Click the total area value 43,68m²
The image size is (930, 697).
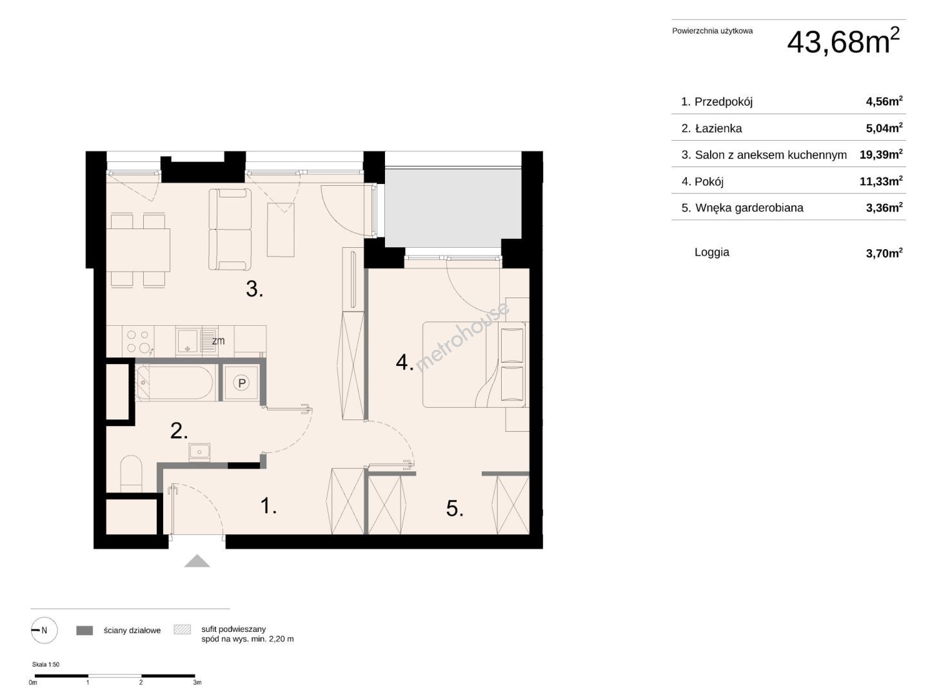(843, 41)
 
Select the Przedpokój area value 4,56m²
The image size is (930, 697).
(884, 101)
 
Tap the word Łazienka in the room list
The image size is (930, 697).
(718, 128)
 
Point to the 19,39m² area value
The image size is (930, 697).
(881, 154)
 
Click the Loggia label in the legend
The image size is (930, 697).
(712, 252)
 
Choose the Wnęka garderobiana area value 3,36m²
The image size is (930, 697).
(884, 208)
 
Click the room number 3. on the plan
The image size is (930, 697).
(254, 289)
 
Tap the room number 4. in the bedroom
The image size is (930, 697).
(404, 363)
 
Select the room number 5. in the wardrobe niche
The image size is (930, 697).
(455, 509)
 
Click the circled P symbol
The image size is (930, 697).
(242, 383)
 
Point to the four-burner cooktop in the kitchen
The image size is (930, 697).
(139, 341)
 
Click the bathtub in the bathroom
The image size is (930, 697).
(174, 383)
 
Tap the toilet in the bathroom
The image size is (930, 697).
(132, 474)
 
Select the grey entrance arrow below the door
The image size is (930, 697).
(197, 561)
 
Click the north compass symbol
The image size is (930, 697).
(44, 631)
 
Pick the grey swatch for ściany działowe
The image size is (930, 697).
(84, 631)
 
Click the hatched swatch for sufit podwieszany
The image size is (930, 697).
(182, 629)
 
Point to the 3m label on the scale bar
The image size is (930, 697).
(197, 683)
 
